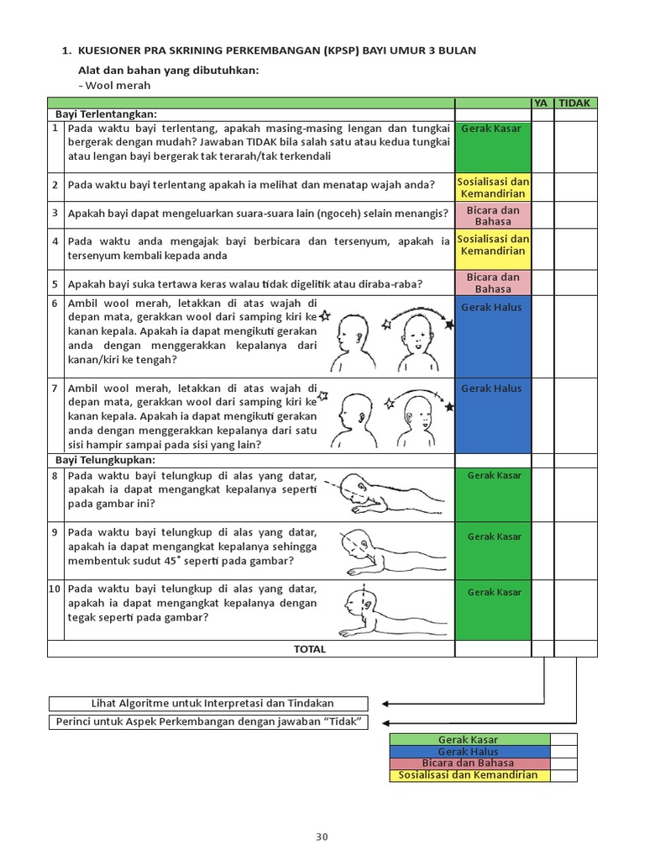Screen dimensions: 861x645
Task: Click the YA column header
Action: [x=542, y=103]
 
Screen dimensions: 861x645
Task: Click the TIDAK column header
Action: [x=575, y=103]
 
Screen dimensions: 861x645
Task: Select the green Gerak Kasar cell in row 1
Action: [x=492, y=146]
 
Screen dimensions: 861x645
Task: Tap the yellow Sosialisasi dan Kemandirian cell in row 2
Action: [x=492, y=188]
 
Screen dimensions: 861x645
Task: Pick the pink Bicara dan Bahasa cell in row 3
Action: [x=492, y=215]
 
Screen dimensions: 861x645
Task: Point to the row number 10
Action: [x=55, y=589]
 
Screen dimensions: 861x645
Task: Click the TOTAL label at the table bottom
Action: [x=309, y=649]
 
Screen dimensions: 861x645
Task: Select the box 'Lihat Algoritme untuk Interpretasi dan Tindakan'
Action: [x=208, y=703]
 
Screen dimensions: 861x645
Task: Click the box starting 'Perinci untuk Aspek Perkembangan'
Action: [x=208, y=722]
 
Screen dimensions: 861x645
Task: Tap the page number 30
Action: [x=322, y=836]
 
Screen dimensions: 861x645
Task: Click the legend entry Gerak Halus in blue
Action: [x=468, y=752]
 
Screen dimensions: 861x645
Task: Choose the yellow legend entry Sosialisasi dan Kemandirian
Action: [x=468, y=775]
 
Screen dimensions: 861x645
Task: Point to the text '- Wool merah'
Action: [x=116, y=85]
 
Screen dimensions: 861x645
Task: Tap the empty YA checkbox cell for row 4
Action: [x=542, y=248]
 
